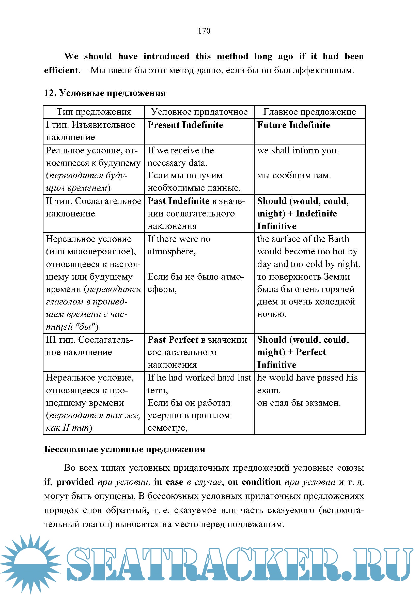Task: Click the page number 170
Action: [204, 31]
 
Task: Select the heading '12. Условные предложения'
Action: [105, 93]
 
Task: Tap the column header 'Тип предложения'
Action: [94, 112]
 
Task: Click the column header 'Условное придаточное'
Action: [199, 112]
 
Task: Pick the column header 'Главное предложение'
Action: [309, 112]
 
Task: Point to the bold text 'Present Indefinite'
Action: [185, 125]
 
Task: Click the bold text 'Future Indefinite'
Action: [293, 125]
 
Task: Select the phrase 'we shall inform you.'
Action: [298, 150]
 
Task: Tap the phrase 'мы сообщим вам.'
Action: [294, 176]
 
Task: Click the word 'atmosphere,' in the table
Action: [172, 251]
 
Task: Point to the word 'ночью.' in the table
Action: [272, 314]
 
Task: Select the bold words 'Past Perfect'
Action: [173, 340]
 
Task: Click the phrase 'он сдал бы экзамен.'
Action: [299, 403]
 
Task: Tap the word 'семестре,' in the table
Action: [167, 428]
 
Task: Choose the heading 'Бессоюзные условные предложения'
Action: [125, 449]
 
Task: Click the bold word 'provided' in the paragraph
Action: [75, 482]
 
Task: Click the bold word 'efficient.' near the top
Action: [62, 70]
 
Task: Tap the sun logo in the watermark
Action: [30, 563]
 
